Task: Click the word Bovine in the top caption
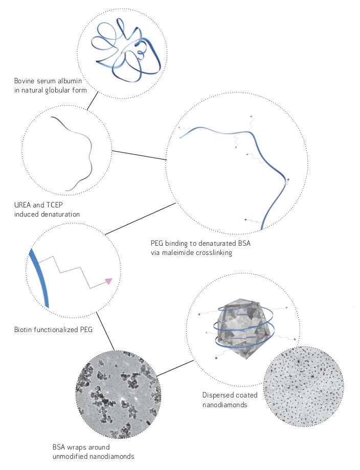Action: [24, 81]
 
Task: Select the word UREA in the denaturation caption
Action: [22, 205]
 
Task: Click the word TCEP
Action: [55, 205]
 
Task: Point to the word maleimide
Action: [178, 253]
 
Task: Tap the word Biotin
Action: [23, 330]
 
